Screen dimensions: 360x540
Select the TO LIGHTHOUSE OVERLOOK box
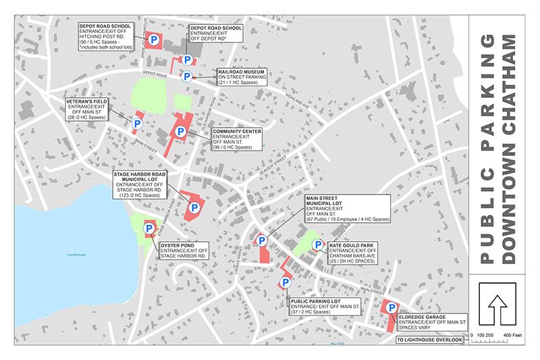coord(430,339)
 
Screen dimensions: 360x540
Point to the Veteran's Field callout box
coord(88,110)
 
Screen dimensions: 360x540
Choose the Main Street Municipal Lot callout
coord(344,209)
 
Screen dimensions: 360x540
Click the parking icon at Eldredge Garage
coord(390,308)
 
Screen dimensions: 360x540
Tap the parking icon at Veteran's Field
coord(136,124)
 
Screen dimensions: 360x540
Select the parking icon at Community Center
coord(181,131)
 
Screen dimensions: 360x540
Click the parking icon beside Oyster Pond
coord(149,229)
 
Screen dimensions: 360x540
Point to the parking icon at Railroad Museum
coord(186,76)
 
